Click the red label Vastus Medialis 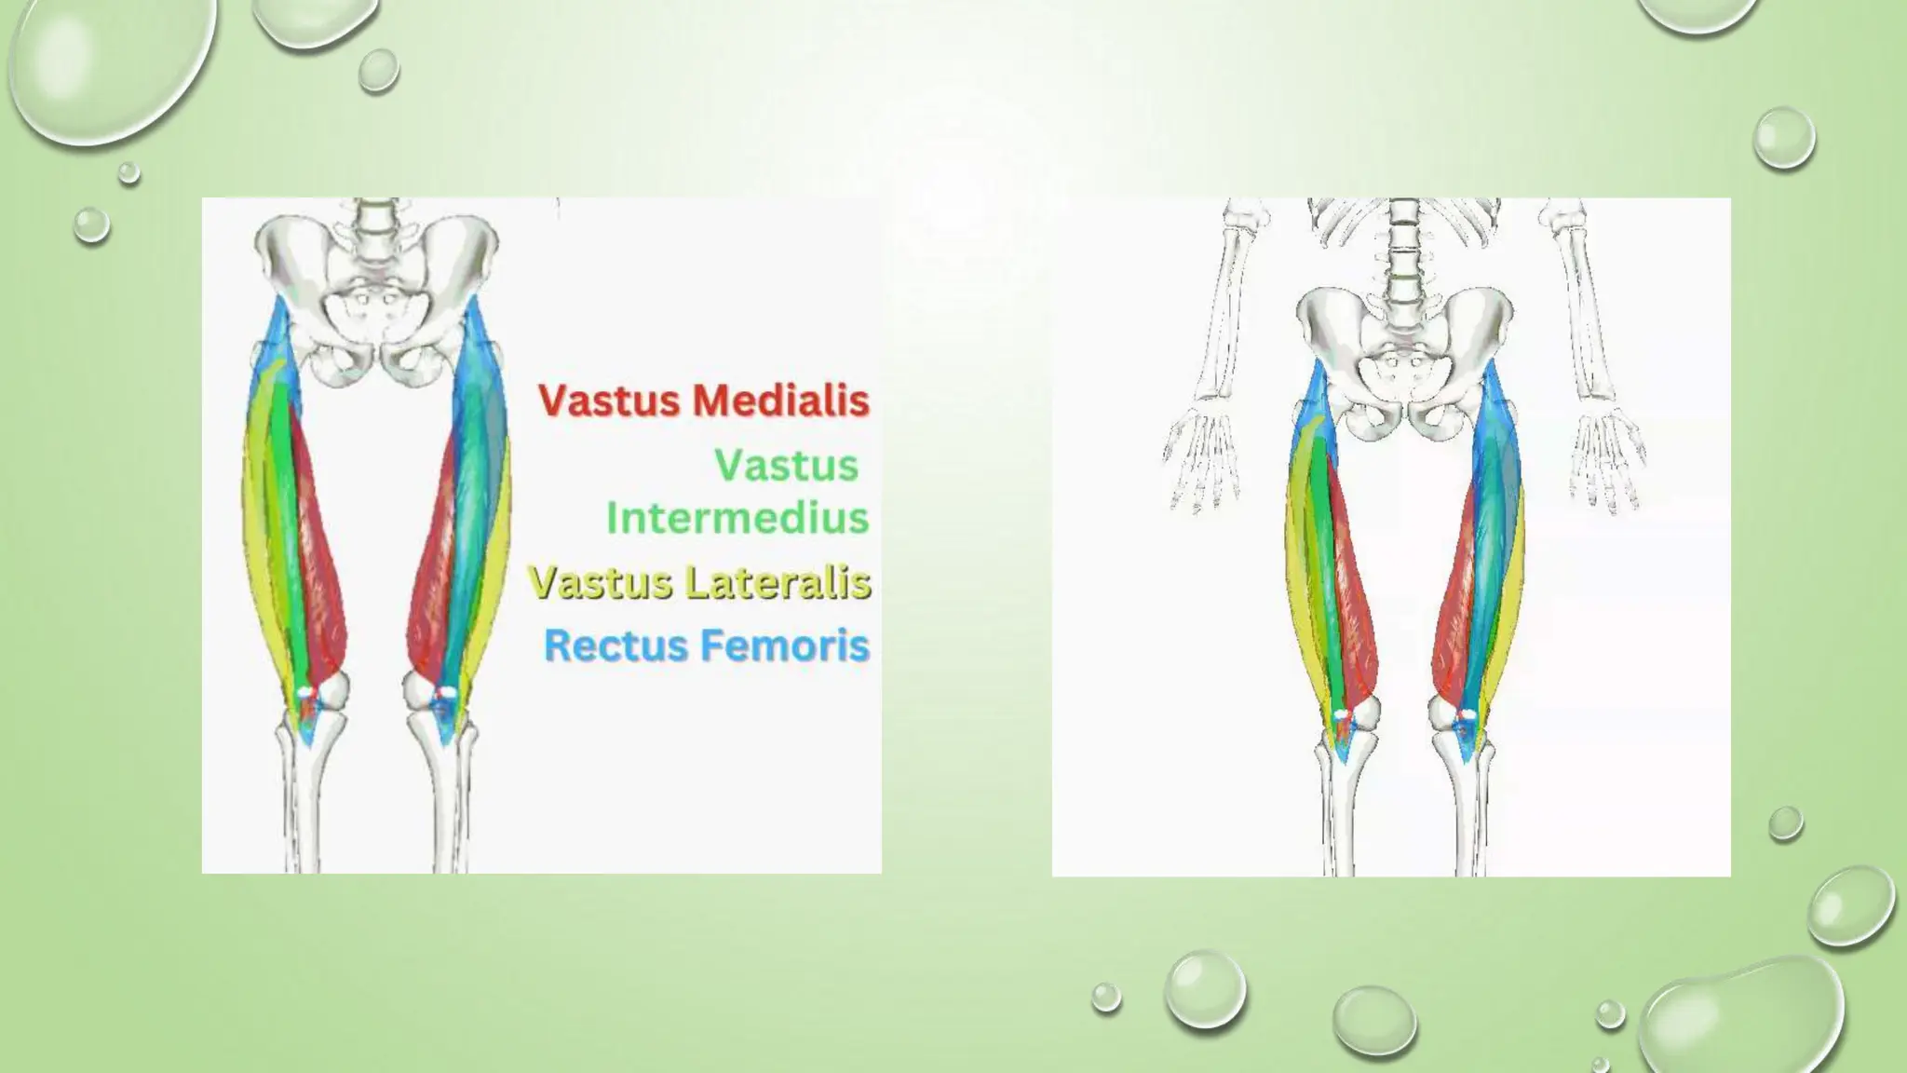pos(704,401)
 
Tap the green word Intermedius pos(737,518)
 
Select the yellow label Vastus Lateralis pos(699,582)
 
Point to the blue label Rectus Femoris pos(707,645)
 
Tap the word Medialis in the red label pos(780,401)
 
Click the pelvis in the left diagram pos(376,298)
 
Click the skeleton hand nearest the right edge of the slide pos(1606,461)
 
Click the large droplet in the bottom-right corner pos(1741,1020)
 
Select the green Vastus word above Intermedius pos(786,465)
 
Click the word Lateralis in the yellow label pos(778,582)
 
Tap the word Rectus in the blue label pos(615,645)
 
